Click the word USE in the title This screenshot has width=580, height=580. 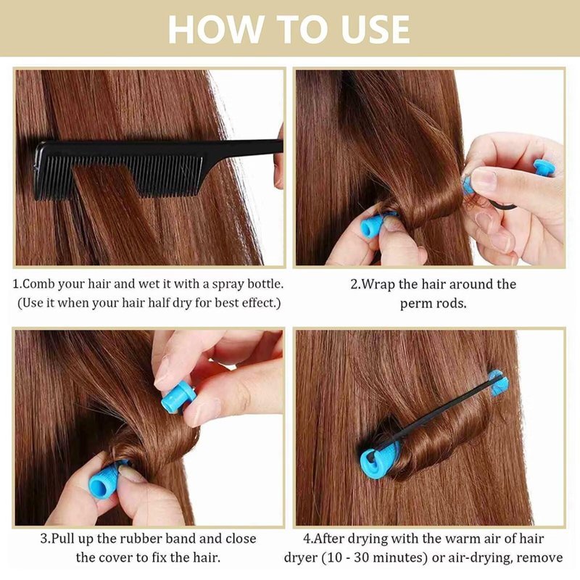pyautogui.click(x=376, y=30)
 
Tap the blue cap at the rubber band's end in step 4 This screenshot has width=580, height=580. pyautogui.click(x=498, y=383)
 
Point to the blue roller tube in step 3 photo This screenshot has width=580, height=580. pyautogui.click(x=106, y=479)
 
